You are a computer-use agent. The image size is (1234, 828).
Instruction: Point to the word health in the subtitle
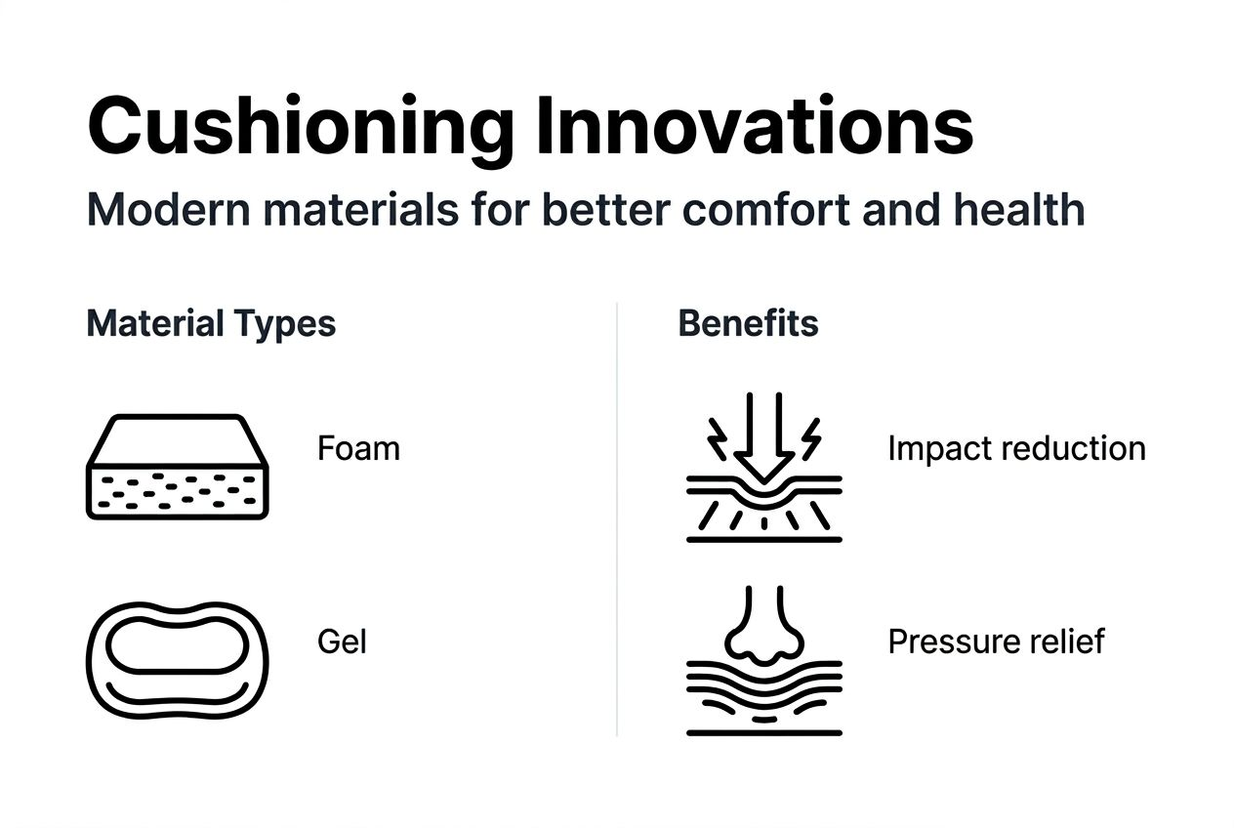point(1022,210)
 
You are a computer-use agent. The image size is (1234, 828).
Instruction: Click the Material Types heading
point(211,324)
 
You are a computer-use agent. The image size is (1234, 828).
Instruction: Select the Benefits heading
point(748,324)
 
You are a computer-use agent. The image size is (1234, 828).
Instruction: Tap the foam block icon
point(178,467)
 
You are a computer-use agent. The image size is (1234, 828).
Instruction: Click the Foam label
point(358,449)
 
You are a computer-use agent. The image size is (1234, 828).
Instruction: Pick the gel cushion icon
point(178,659)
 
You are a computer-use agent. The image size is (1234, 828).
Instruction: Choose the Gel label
point(342,642)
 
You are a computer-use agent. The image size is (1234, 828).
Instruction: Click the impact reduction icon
point(763,467)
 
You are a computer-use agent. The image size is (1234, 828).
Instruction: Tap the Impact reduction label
point(1016,449)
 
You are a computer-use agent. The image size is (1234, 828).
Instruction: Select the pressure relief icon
point(763,661)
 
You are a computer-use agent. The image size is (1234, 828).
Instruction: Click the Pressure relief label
point(996,642)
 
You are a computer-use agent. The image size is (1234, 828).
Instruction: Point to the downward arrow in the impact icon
point(763,439)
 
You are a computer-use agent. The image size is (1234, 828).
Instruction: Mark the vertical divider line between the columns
point(617,517)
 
